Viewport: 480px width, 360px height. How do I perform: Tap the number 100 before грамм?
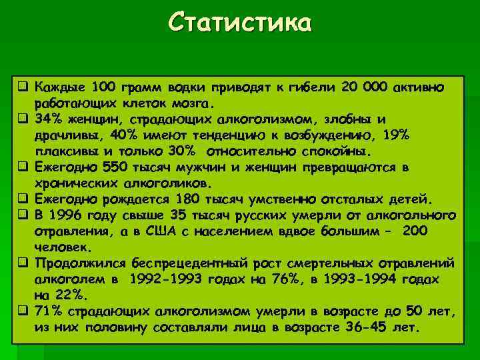(103, 88)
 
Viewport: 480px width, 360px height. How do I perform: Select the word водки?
(186, 88)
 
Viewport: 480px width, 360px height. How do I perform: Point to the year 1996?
(67, 215)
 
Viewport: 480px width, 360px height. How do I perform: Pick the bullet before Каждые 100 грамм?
(23, 88)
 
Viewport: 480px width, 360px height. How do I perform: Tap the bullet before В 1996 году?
(23, 215)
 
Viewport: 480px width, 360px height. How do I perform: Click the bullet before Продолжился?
(23, 263)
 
